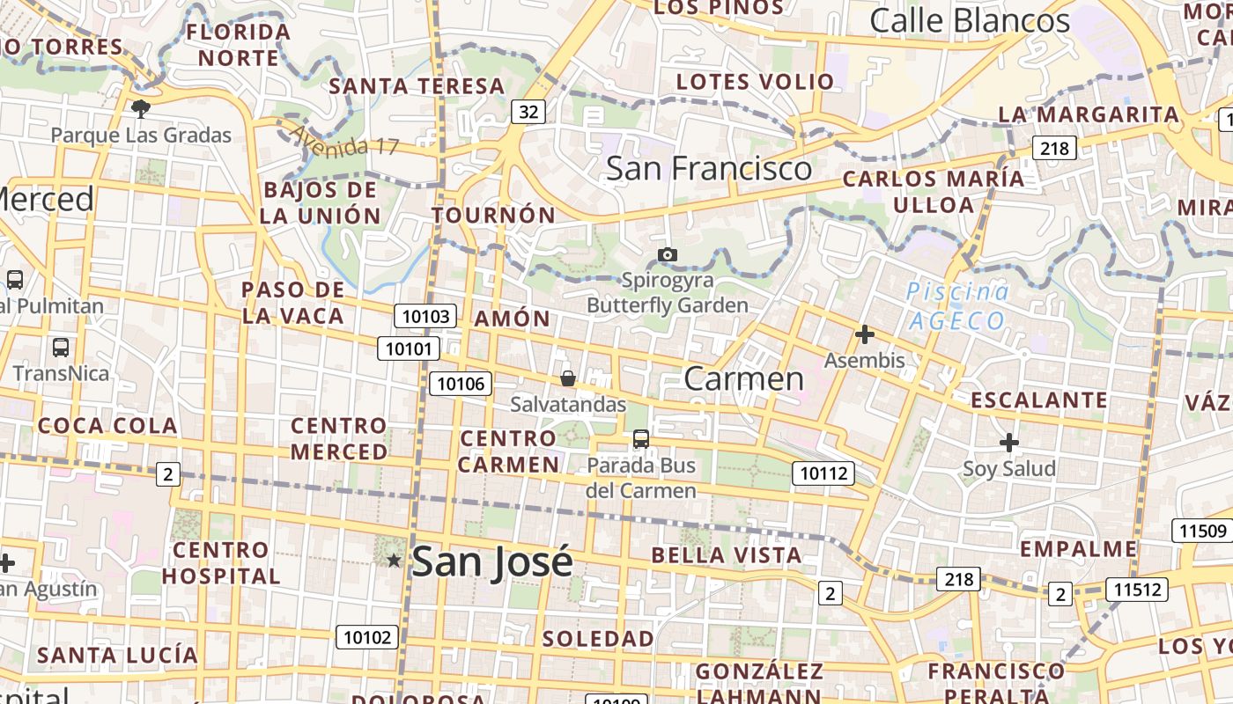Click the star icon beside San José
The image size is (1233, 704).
tap(394, 560)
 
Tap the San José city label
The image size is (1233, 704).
tap(491, 561)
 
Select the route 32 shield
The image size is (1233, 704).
tap(528, 111)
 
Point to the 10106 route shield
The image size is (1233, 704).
tap(461, 383)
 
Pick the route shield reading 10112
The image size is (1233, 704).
tap(823, 473)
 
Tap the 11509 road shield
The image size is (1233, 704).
tap(1201, 531)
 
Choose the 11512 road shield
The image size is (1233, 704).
tap(1137, 589)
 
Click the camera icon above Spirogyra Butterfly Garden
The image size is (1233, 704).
tap(668, 255)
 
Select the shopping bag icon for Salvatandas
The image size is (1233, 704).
tap(568, 378)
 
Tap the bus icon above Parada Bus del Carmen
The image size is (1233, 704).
tap(641, 438)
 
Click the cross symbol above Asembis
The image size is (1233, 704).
tap(865, 334)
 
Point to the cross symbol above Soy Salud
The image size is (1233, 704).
tap(1009, 442)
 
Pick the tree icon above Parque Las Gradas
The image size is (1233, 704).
tap(140, 109)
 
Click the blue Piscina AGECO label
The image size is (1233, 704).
tap(958, 305)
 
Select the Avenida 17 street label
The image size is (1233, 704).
tap(344, 141)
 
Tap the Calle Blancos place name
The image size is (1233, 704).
tap(970, 20)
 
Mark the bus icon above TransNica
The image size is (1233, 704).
tap(60, 348)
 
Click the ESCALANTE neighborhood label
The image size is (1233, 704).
tap(1039, 400)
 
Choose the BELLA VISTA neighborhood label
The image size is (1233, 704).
tap(727, 555)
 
